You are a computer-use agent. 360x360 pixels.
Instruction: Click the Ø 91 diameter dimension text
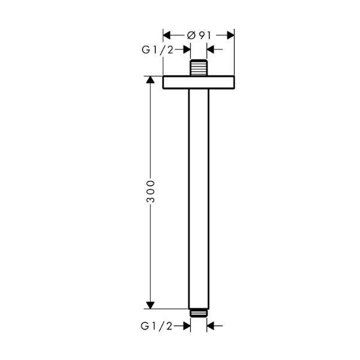click(199, 35)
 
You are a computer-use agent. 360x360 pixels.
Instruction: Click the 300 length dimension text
click(151, 191)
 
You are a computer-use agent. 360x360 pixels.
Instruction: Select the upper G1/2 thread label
click(157, 50)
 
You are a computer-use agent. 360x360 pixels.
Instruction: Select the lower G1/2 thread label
click(157, 326)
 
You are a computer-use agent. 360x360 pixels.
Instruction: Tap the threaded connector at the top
click(199, 67)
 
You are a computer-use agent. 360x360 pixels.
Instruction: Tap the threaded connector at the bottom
click(199, 313)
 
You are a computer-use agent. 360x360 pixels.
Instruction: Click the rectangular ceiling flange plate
click(199, 82)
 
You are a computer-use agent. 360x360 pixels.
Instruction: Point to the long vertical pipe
click(199, 199)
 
